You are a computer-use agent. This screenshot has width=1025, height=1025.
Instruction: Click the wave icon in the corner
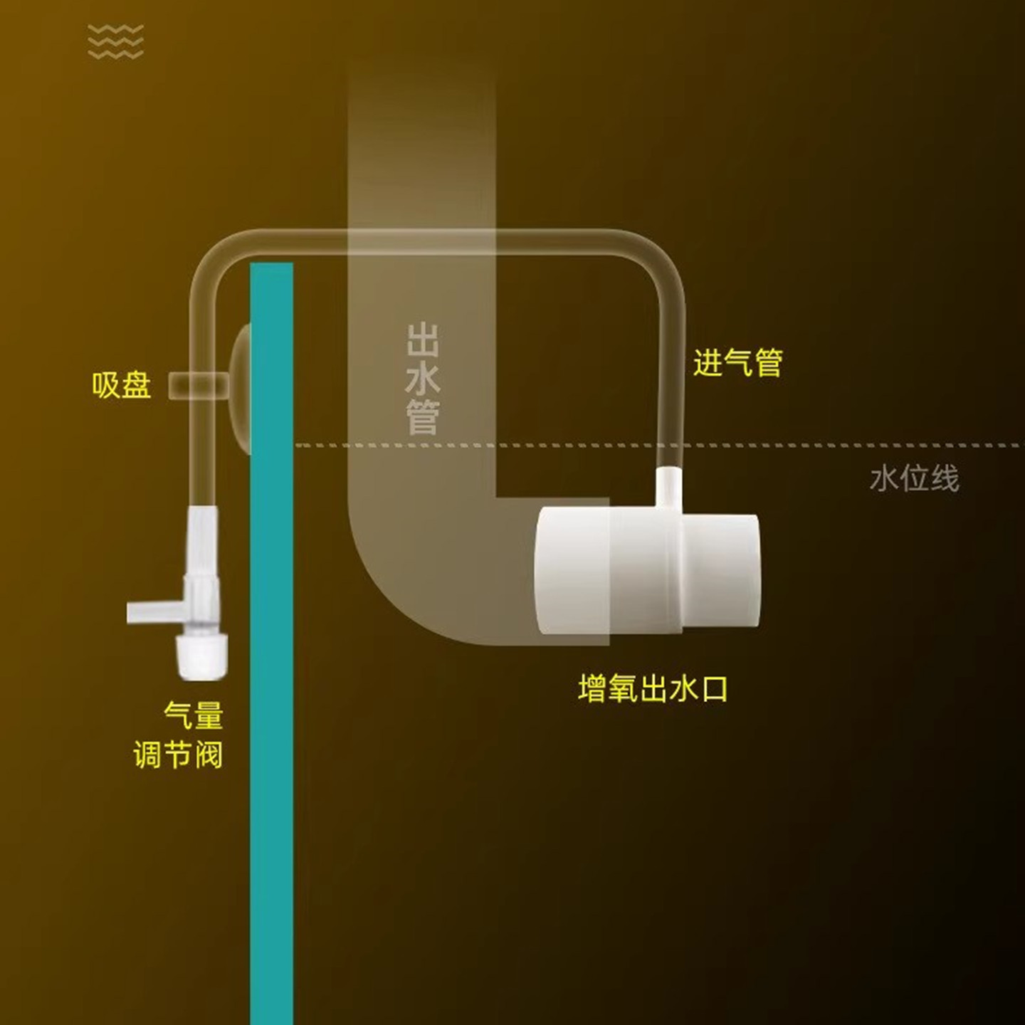[115, 41]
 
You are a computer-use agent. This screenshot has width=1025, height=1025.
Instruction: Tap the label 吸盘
[122, 385]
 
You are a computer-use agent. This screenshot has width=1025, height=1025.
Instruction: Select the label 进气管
[737, 363]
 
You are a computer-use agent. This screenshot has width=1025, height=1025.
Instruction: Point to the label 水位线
[914, 479]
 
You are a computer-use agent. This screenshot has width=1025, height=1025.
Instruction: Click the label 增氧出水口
[653, 689]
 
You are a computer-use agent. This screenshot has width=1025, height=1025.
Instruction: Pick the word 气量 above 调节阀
[194, 715]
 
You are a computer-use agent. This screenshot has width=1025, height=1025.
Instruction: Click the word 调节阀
[178, 755]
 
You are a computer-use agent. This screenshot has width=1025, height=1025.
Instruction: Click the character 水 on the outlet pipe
[423, 379]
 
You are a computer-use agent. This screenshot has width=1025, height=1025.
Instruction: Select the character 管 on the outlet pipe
[423, 417]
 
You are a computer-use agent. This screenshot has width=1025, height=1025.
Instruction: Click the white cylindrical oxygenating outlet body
[605, 569]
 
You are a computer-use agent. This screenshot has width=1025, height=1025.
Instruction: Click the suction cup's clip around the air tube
[198, 385]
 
